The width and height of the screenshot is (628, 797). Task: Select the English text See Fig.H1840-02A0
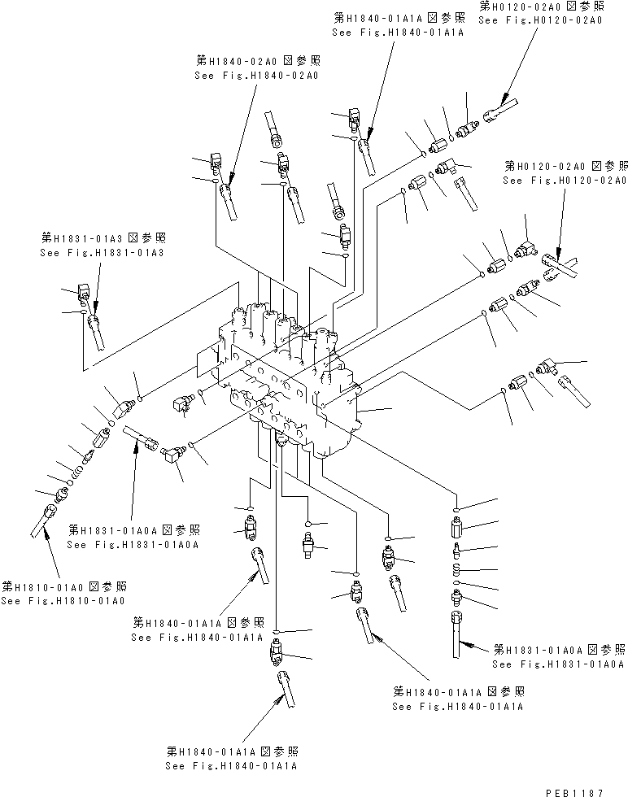click(x=256, y=75)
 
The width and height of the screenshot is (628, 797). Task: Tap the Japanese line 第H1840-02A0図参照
click(x=258, y=61)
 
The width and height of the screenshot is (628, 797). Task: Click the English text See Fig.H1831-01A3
click(x=102, y=253)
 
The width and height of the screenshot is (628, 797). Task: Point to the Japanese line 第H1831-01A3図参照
click(x=103, y=238)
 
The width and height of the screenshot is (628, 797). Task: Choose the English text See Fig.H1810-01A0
click(x=63, y=601)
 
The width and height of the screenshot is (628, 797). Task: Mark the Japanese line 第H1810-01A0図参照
click(x=64, y=586)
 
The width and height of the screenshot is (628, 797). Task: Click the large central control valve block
click(x=285, y=374)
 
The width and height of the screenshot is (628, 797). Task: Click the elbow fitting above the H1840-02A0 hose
click(x=217, y=163)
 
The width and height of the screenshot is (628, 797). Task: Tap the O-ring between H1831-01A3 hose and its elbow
click(x=83, y=311)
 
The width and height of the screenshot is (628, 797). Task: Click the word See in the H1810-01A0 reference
click(x=11, y=601)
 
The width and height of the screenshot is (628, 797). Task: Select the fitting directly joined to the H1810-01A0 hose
click(x=62, y=494)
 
